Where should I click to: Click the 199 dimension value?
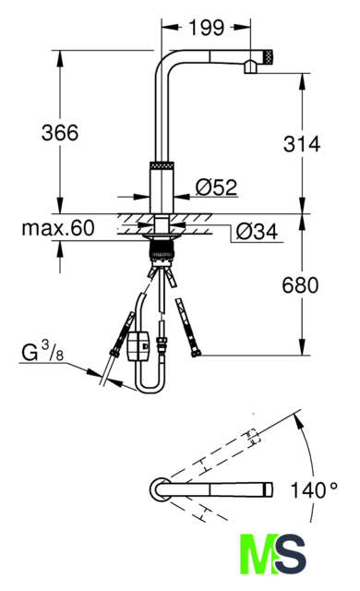click(x=206, y=28)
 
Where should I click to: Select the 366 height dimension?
click(x=60, y=133)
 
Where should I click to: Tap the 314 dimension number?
click(x=302, y=144)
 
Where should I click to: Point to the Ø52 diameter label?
click(x=217, y=187)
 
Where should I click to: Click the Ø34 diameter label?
click(x=258, y=231)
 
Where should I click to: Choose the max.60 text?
click(x=58, y=228)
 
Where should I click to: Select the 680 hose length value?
click(x=300, y=285)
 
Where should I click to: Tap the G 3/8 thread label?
click(x=42, y=351)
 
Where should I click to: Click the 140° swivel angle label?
click(x=314, y=490)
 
